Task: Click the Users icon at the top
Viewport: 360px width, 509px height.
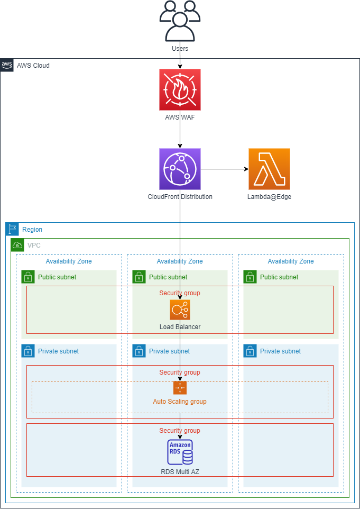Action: pyautogui.click(x=180, y=21)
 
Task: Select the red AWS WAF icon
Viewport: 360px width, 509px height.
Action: pyautogui.click(x=180, y=89)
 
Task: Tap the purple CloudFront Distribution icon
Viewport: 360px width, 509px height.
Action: pyautogui.click(x=180, y=169)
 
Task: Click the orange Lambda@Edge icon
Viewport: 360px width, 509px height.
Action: pyautogui.click(x=269, y=169)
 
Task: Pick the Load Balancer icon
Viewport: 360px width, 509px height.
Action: pyautogui.click(x=180, y=310)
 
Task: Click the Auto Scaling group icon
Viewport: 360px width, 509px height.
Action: pyautogui.click(x=180, y=388)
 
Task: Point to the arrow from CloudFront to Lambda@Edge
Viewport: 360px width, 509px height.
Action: pyautogui.click(x=225, y=169)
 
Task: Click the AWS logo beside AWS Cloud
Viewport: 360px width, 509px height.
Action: pyautogui.click(x=7, y=65)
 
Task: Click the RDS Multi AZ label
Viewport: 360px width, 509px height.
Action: pyautogui.click(x=180, y=471)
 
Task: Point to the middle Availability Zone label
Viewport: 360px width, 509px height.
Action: pyautogui.click(x=180, y=261)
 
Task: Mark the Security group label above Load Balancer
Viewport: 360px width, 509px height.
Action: pyautogui.click(x=180, y=293)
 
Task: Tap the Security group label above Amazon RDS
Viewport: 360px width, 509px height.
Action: pyautogui.click(x=180, y=431)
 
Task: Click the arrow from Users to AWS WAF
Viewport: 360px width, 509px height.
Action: pyautogui.click(x=180, y=60)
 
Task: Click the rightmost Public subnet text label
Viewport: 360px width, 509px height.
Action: pyautogui.click(x=279, y=277)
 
